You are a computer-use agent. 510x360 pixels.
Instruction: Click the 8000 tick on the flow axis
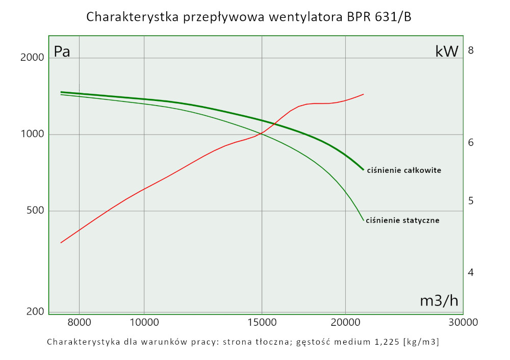(79, 322)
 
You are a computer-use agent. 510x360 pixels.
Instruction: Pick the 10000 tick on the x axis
(144, 322)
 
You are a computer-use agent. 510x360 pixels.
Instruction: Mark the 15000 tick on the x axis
(262, 322)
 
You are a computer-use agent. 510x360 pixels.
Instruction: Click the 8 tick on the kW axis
(471, 50)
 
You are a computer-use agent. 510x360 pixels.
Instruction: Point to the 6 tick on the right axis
(471, 142)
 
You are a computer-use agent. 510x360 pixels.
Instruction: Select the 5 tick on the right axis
(471, 201)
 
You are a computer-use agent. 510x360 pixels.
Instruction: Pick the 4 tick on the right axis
(471, 272)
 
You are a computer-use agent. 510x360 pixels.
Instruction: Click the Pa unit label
(62, 52)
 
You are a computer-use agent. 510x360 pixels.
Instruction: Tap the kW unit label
(447, 51)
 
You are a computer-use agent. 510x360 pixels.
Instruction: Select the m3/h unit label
(439, 301)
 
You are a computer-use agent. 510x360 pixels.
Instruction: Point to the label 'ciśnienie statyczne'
(402, 221)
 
